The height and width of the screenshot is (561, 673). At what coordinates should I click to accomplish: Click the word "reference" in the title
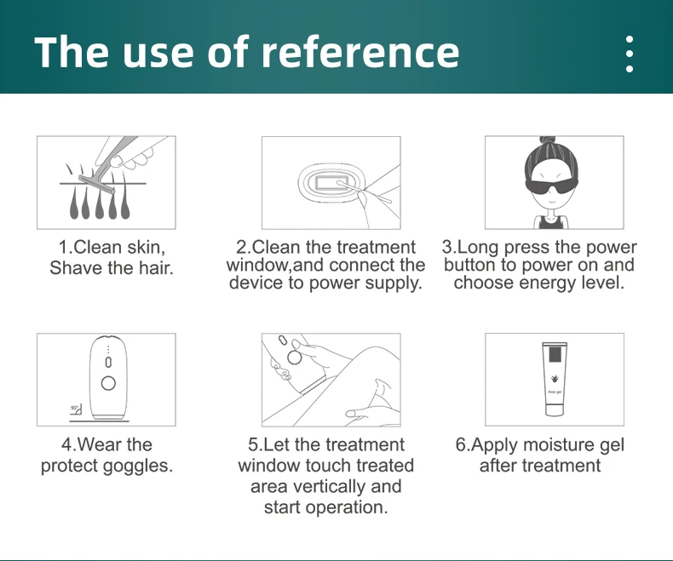[x=360, y=52]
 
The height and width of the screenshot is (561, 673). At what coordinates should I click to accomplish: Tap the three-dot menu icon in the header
[x=630, y=54]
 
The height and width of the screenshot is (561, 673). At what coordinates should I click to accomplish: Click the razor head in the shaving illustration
[x=96, y=185]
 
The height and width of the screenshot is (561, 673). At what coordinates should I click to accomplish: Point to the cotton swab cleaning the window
[x=364, y=192]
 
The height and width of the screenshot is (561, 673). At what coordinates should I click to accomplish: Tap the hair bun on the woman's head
[x=547, y=140]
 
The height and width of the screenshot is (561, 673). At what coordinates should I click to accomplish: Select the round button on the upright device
[x=108, y=383]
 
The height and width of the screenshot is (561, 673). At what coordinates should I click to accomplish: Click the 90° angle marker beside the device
[x=76, y=409]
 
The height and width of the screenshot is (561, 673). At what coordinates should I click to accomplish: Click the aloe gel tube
[x=554, y=379]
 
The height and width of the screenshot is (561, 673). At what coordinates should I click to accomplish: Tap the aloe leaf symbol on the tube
[x=555, y=379]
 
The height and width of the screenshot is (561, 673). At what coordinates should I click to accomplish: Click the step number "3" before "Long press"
[x=447, y=248]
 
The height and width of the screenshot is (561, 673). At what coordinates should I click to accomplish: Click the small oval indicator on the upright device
[x=108, y=363]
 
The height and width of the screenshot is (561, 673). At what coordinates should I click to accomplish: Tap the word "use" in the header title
[x=157, y=54]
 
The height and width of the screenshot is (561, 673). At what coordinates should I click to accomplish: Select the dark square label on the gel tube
[x=555, y=355]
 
